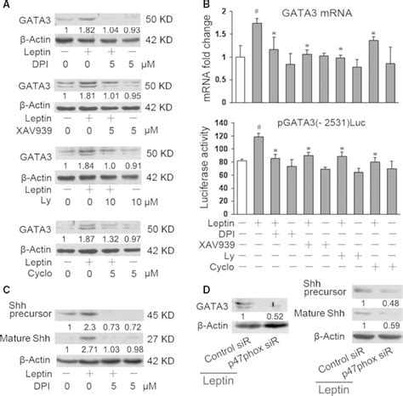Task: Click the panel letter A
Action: point(7,7)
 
